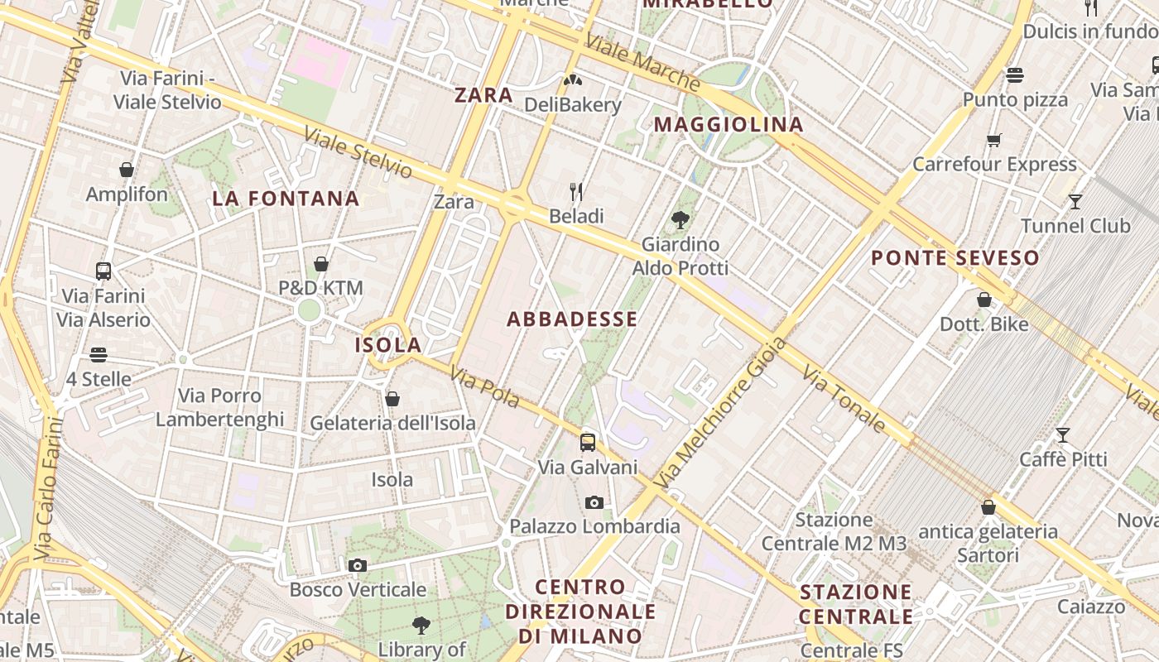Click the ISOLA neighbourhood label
point(388,345)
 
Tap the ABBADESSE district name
point(572,319)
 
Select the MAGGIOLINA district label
point(729,125)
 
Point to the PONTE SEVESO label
point(955,258)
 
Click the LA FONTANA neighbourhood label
point(286,199)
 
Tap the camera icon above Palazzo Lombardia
point(594,502)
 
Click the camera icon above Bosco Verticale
point(358,566)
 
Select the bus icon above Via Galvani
point(588,443)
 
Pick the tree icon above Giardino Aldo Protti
point(680,220)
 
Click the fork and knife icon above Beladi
point(576,193)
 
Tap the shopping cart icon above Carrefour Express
point(994,140)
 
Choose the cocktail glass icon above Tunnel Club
point(1075,201)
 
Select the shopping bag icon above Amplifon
point(127,170)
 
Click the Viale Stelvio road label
point(358,152)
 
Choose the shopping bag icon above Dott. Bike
point(984,300)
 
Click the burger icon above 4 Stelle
point(99,355)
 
